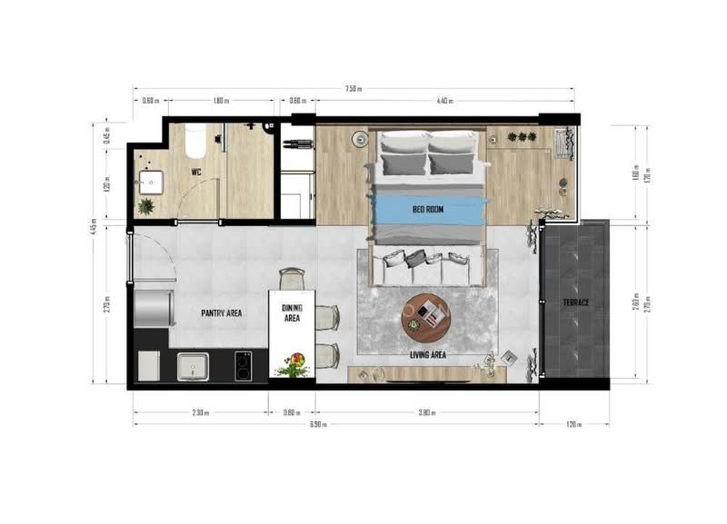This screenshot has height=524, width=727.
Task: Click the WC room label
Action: (195, 171)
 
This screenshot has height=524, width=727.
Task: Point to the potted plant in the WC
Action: (146, 206)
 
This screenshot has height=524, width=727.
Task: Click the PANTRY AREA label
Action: (221, 312)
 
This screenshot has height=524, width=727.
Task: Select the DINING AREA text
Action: (293, 313)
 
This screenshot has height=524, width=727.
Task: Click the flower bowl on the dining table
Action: (294, 364)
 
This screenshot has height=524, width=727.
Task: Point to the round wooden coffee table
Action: (427, 314)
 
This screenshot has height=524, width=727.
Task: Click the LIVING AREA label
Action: (427, 355)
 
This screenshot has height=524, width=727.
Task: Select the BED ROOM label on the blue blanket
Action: (427, 210)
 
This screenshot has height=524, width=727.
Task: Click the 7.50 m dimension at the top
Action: (353, 89)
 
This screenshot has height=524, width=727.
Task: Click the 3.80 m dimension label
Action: (427, 412)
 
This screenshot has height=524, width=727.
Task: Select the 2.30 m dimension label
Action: (201, 412)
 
